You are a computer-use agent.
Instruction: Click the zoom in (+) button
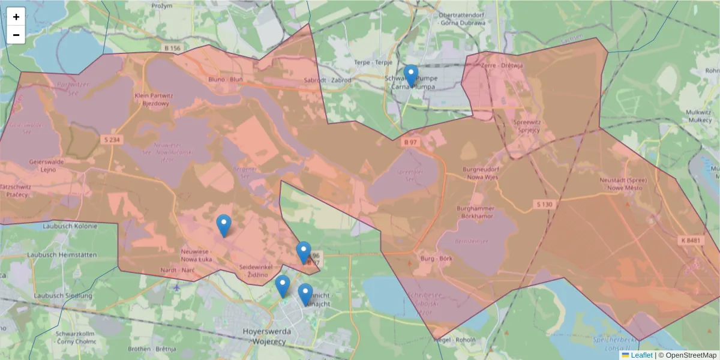16,17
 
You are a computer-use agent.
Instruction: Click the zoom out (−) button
16,35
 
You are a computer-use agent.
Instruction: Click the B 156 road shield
171,48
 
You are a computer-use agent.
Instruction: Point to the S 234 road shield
111,139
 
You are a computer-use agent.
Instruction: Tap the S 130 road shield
544,205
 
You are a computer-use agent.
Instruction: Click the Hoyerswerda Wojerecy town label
268,335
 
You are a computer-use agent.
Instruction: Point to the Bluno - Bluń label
225,79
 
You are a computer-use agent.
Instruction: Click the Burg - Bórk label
436,259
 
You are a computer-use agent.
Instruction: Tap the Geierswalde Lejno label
46,165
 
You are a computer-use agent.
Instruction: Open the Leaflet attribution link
641,355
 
